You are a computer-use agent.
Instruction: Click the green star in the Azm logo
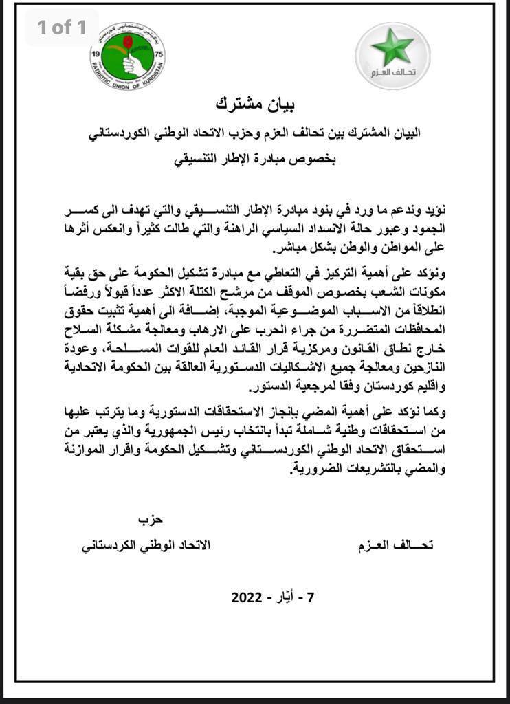(x=392, y=47)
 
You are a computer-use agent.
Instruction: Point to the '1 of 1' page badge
(x=62, y=27)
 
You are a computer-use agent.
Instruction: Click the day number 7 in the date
(x=310, y=597)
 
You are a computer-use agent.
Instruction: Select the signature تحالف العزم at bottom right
(x=397, y=545)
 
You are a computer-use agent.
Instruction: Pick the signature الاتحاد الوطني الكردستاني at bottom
(x=146, y=545)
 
